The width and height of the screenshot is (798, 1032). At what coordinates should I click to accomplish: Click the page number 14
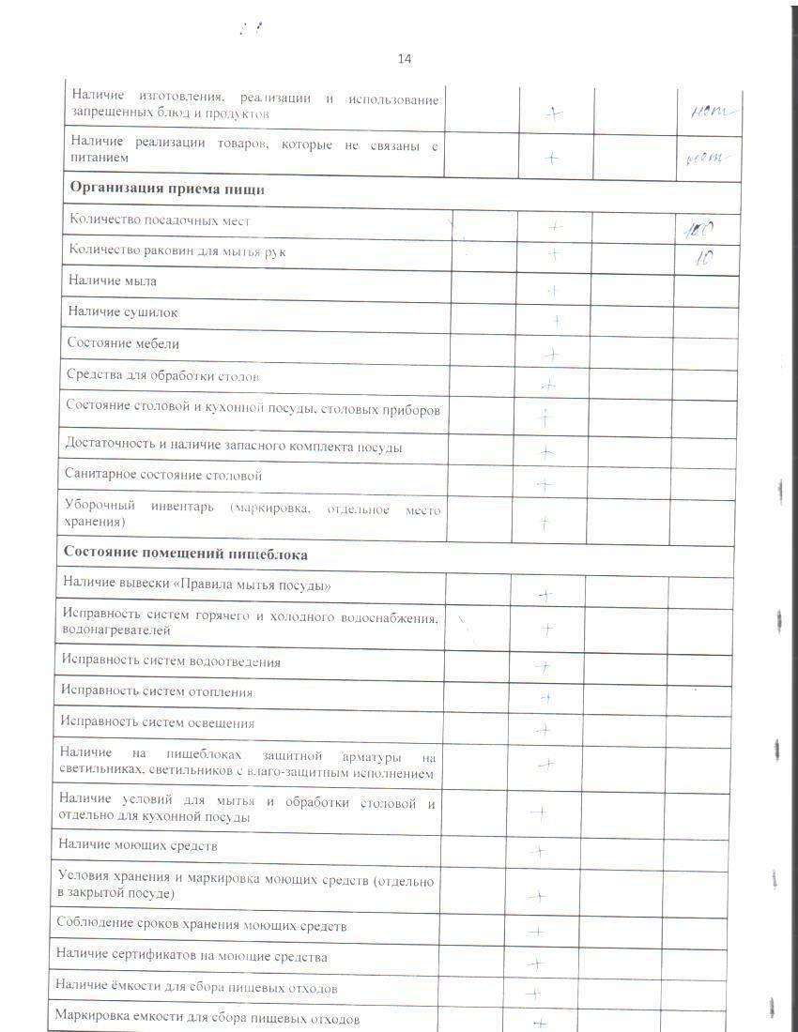(x=405, y=59)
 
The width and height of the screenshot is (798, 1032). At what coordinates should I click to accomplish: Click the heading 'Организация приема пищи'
(x=167, y=189)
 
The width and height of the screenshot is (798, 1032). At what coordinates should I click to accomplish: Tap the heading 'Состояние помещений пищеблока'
(x=185, y=554)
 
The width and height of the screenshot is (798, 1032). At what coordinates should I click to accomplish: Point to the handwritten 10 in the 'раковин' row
(x=699, y=258)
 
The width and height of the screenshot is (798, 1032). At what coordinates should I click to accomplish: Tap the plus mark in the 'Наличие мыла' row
(x=554, y=291)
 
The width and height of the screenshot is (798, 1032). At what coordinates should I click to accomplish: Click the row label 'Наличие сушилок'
(x=122, y=311)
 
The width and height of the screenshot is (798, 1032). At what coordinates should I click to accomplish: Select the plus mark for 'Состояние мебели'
(x=552, y=354)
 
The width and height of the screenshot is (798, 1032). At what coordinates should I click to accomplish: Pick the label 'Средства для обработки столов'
(x=164, y=375)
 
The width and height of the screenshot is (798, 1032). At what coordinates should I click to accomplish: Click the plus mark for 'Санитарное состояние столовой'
(x=545, y=485)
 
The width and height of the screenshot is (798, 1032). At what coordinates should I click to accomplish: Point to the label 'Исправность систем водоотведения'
(x=170, y=661)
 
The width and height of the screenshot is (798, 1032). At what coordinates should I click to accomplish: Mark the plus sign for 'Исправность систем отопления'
(x=545, y=698)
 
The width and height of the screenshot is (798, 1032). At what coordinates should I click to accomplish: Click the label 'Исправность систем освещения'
(x=157, y=723)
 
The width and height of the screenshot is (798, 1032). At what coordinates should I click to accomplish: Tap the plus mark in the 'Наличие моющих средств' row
(x=538, y=852)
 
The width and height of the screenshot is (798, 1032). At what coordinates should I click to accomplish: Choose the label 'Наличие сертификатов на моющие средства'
(x=192, y=957)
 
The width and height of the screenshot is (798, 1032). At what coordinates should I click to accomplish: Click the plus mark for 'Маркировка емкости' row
(x=539, y=1024)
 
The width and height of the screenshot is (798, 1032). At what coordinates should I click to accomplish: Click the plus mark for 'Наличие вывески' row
(x=545, y=595)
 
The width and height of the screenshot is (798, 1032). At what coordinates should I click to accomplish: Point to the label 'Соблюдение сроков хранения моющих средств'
(x=201, y=926)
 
